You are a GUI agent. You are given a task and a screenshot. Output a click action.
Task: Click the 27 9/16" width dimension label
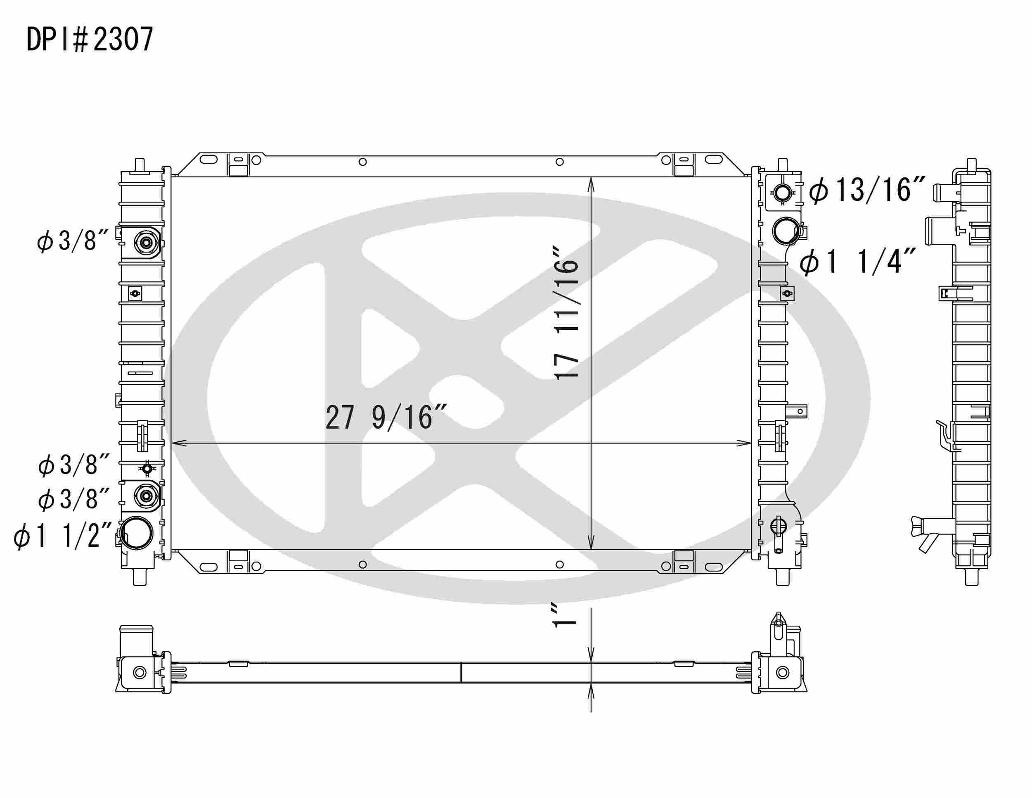(385, 417)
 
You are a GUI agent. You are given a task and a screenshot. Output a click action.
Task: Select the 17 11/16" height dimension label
(566, 312)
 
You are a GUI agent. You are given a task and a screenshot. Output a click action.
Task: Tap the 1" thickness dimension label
(565, 615)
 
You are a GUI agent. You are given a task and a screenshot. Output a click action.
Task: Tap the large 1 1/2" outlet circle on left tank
(137, 533)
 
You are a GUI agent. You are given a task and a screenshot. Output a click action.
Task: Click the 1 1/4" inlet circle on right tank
(785, 230)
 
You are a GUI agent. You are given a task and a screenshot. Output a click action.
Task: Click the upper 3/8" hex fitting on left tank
(146, 243)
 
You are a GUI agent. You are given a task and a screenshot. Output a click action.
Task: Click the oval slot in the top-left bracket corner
(208, 160)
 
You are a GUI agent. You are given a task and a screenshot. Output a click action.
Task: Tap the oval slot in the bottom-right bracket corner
(713, 567)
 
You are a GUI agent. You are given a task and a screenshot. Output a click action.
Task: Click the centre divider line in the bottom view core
(461, 672)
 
